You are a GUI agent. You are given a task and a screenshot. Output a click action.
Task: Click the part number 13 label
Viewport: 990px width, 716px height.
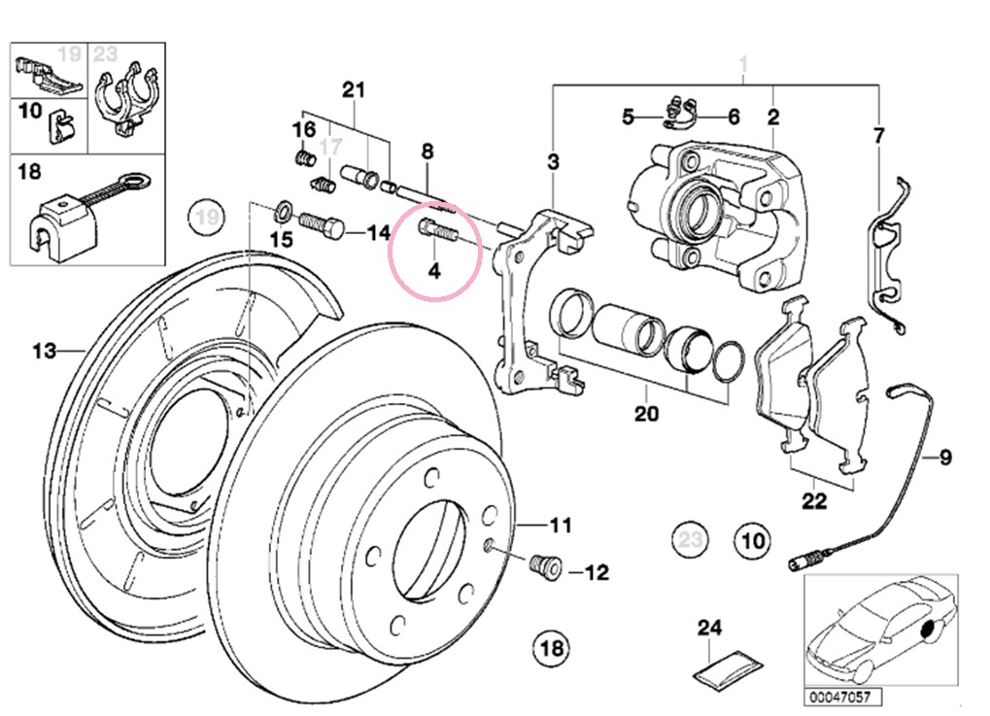[x=44, y=351]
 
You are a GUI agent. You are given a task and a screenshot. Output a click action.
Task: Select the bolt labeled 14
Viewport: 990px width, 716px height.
[x=321, y=227]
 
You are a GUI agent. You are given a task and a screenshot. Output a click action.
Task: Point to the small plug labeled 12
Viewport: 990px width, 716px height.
[x=545, y=566]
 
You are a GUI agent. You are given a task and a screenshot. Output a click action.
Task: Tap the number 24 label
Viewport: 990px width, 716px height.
[x=710, y=629]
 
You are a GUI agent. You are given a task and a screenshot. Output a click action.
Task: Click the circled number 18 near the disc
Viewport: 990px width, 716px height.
[x=551, y=646]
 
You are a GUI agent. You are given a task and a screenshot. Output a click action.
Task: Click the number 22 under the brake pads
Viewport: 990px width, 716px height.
[x=814, y=501]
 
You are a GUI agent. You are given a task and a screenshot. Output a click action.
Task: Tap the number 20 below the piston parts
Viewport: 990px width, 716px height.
[x=646, y=414]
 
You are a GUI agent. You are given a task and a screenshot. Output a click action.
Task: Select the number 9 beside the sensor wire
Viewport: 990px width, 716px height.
[x=945, y=457]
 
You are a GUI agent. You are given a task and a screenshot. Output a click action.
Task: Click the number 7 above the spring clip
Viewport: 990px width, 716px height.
[x=878, y=135]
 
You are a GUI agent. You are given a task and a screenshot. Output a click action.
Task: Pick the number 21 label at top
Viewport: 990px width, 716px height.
[x=353, y=90]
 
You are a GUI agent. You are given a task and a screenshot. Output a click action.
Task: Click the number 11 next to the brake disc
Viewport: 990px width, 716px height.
[x=561, y=526]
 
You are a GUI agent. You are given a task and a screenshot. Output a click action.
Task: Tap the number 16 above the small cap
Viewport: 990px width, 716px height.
[x=304, y=129]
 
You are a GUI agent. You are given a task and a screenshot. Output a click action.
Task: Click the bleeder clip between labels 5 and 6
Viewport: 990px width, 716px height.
[x=679, y=114]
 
